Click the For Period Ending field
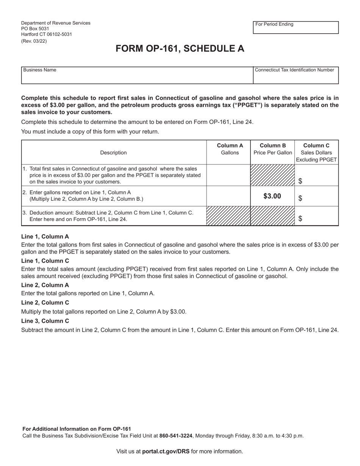coord(296,28)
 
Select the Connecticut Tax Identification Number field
coord(296,75)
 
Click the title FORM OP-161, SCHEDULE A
coord(180,49)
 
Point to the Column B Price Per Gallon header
coord(272,149)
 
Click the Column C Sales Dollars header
coord(316,152)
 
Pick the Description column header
coord(113,153)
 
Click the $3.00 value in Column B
coord(272,196)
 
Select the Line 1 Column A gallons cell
coord(228,175)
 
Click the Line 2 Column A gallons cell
coord(228,196)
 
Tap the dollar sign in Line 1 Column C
coord(300,181)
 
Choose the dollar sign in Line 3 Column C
coord(300,219)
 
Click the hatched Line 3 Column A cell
coord(228,216)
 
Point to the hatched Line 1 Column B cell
coord(272,175)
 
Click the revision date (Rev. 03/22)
coord(34,41)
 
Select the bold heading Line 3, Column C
coord(45,321)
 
